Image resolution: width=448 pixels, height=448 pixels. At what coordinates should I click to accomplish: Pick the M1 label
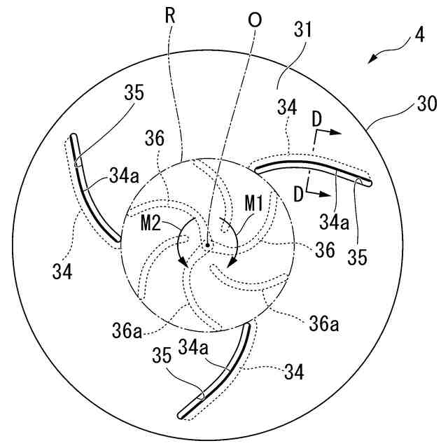[254, 204]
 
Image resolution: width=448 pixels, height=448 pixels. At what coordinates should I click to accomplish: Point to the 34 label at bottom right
[294, 373]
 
